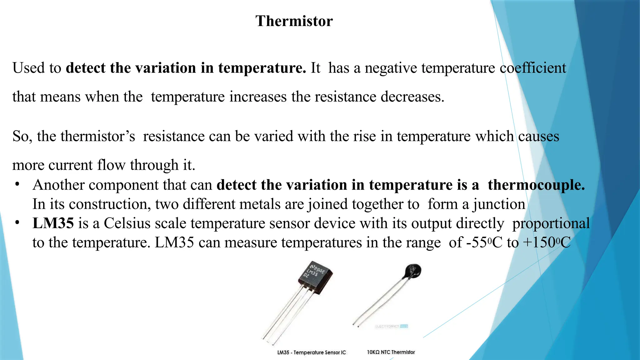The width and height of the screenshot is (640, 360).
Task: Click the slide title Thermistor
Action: point(294,21)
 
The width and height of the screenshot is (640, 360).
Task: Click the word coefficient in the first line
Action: point(533,68)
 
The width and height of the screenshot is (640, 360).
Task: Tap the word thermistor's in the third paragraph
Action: point(98,136)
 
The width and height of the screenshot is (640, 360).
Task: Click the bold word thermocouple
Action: point(536,185)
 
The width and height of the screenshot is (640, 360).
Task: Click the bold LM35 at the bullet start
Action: point(53,223)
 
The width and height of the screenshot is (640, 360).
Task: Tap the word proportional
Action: point(551,223)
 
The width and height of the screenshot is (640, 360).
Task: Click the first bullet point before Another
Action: point(17,185)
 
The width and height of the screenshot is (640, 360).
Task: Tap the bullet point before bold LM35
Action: point(17,223)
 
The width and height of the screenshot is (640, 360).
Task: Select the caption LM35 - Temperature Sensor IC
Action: point(312,352)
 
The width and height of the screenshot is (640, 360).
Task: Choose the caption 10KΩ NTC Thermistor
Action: point(391,352)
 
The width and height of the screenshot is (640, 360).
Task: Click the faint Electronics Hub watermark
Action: point(392,326)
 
